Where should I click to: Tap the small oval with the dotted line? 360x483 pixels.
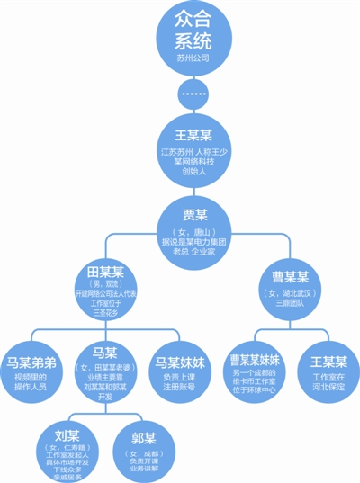pos(190,92)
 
